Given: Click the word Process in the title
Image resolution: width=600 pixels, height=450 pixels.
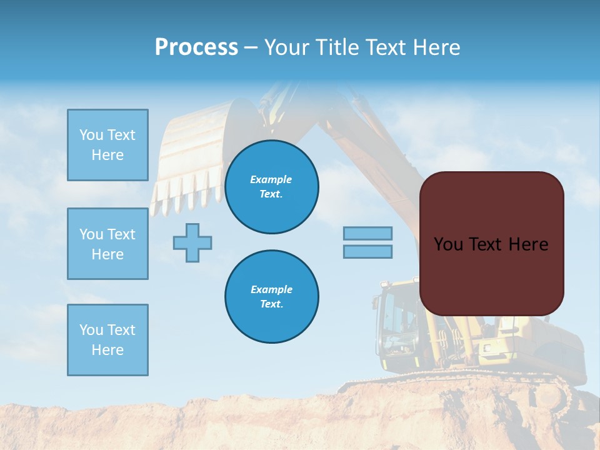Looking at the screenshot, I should click(x=196, y=47).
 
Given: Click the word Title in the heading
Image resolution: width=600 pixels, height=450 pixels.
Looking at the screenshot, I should click(x=336, y=47).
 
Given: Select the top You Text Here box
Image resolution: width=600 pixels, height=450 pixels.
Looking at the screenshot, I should click(x=107, y=145).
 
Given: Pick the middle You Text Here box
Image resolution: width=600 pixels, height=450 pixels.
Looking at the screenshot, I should click(x=107, y=244).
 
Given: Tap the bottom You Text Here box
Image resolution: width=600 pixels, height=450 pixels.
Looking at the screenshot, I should click(x=107, y=340).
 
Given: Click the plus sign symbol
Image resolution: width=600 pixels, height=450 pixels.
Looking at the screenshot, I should click(x=192, y=242).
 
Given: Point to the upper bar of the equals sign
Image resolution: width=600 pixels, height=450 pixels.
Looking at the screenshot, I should click(x=367, y=233).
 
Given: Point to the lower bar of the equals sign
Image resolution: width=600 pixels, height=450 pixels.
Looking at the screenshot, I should click(x=367, y=251).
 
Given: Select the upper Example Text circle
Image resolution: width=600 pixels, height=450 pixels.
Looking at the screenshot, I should click(x=271, y=187).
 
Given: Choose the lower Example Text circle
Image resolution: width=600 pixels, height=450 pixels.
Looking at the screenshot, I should click(x=271, y=297).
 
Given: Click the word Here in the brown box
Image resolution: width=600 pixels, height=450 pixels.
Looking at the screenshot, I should click(x=528, y=244).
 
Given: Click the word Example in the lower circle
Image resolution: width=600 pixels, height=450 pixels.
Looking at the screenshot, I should click(x=271, y=289).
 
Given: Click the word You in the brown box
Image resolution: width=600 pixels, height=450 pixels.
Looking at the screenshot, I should click(x=448, y=244).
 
